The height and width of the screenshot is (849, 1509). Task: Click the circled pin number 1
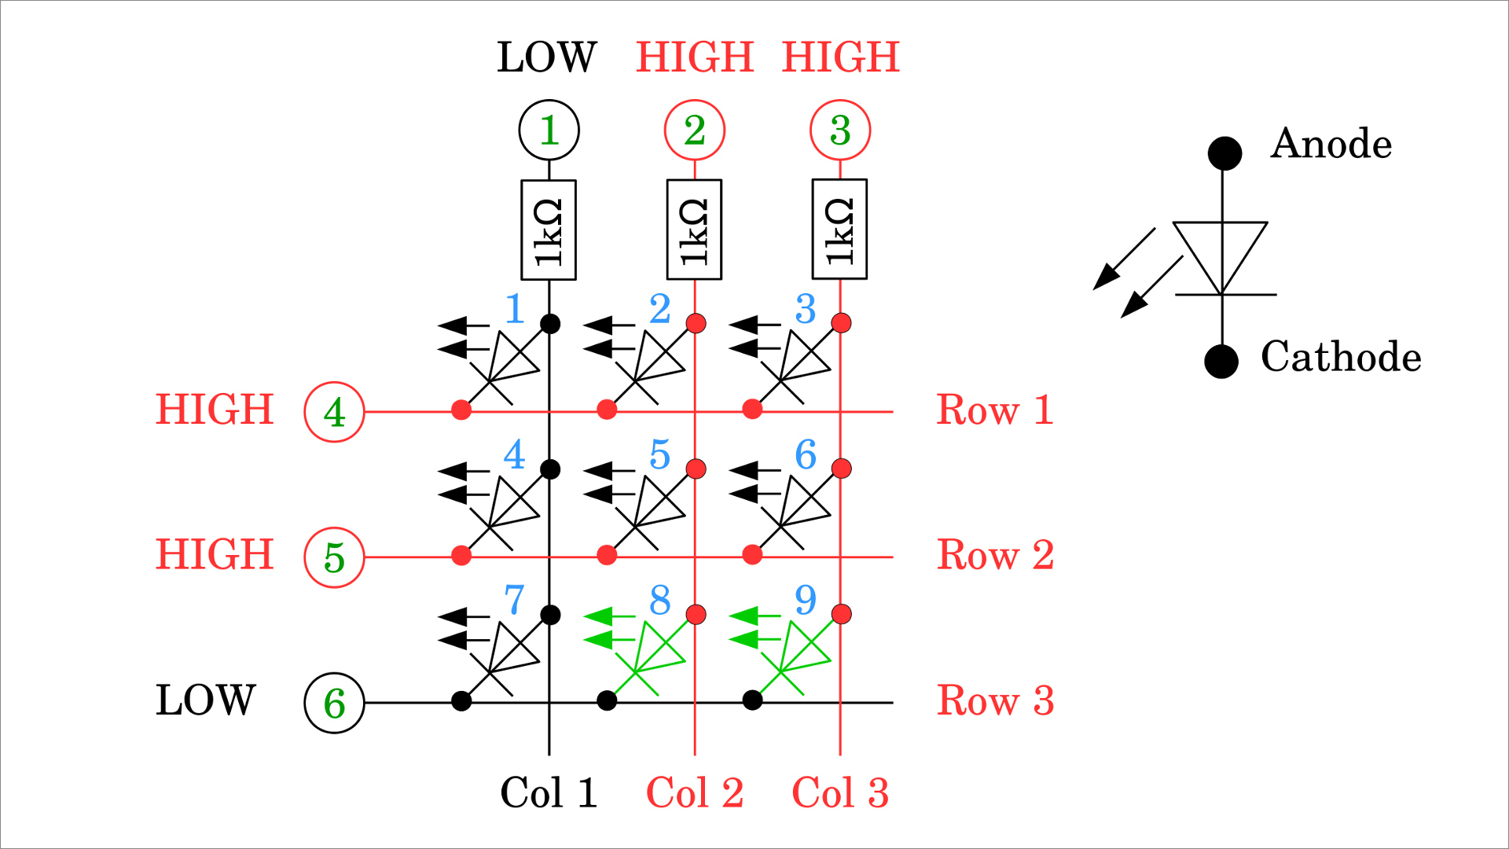549,130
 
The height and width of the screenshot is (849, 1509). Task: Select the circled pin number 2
695,130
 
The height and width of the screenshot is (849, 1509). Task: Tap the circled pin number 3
840,130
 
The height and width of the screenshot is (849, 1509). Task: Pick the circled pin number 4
334,412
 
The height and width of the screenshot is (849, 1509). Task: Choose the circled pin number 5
334,557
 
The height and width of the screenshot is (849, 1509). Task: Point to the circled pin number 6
334,703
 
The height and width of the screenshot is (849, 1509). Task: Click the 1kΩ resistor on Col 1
549,230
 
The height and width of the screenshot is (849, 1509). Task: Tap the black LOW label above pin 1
547,57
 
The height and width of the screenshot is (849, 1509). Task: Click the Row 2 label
995,555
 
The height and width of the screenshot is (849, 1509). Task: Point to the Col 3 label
840,792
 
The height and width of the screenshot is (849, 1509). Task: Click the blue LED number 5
660,454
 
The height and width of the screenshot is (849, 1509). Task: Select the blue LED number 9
806,600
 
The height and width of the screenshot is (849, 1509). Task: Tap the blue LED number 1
515,309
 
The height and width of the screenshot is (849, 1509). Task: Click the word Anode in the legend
1331,144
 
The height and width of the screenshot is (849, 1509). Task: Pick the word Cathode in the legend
1341,357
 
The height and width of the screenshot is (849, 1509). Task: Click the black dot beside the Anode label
1224,153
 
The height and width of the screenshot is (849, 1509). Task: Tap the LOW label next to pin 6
206,700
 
